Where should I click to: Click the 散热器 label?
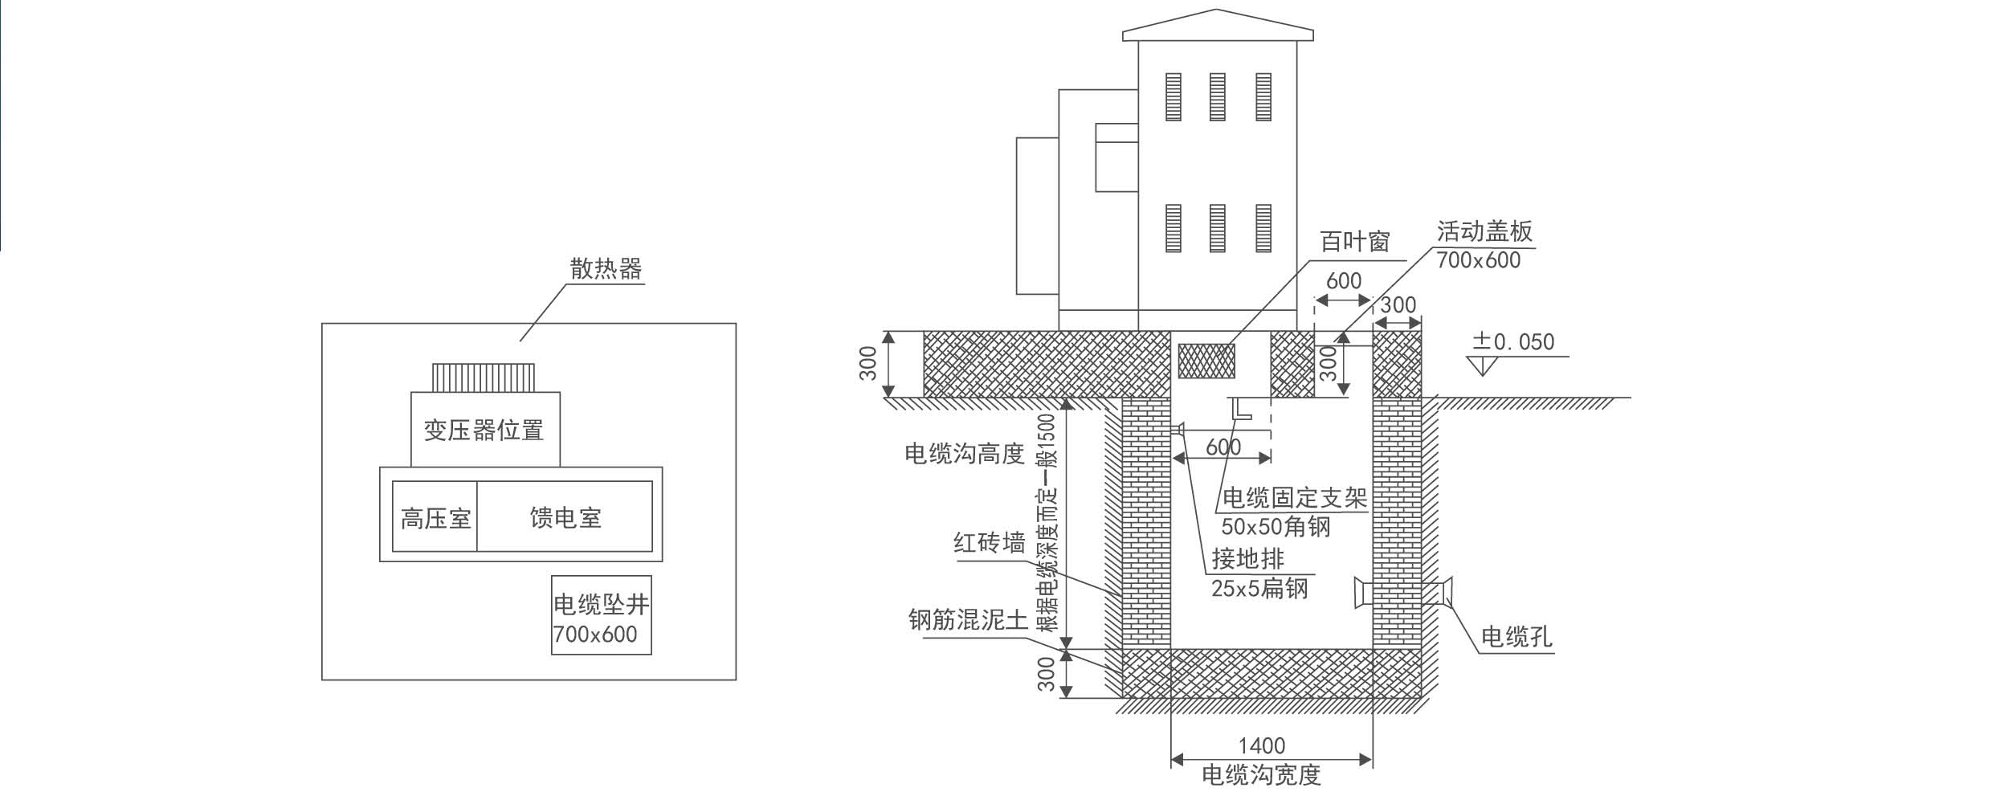click(x=606, y=269)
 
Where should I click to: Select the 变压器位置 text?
click(x=484, y=431)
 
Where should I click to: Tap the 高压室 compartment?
click(x=435, y=518)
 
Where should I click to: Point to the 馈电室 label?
click(x=565, y=518)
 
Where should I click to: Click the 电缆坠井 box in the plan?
click(x=601, y=615)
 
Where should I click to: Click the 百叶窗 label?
click(x=1355, y=242)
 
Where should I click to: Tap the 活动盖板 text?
click(x=1484, y=231)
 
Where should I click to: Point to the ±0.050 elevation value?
click(x=1513, y=342)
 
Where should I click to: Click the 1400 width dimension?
click(x=1262, y=746)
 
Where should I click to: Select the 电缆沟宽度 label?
click(x=1261, y=775)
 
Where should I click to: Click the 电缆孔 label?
click(x=1516, y=637)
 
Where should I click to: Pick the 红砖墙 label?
click(x=990, y=544)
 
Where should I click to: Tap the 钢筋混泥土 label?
click(x=968, y=620)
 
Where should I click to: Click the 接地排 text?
click(x=1248, y=558)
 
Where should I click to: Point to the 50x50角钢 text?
click(x=1276, y=527)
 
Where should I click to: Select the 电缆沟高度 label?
click(x=965, y=454)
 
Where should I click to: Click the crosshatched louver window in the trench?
click(x=1206, y=361)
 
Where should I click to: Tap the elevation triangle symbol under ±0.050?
click(x=1482, y=366)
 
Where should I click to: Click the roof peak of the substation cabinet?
click(x=1217, y=11)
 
